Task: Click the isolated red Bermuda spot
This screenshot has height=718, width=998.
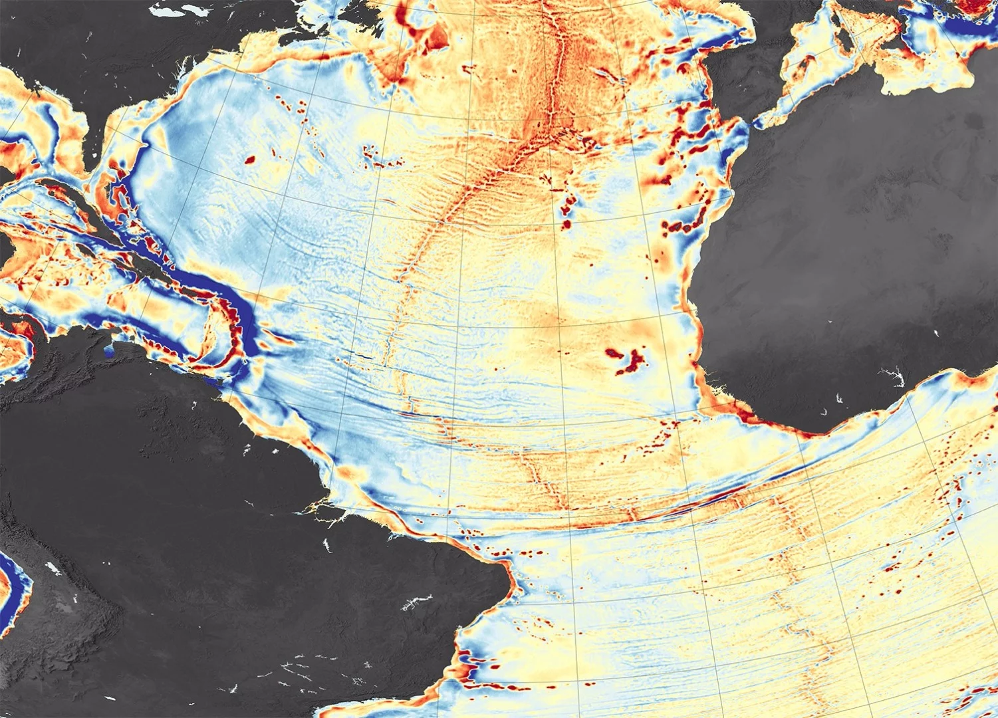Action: click(x=251, y=160)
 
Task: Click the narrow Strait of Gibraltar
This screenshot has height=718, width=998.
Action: click(x=753, y=123)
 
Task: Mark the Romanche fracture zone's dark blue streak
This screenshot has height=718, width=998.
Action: click(x=718, y=495)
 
